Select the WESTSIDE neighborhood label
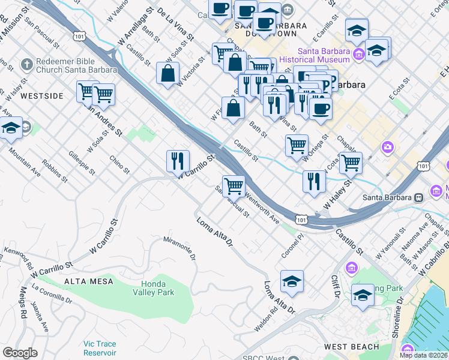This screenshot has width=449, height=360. (41, 95)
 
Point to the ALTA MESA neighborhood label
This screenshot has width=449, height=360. (86, 281)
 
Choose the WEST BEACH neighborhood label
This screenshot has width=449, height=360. (351, 347)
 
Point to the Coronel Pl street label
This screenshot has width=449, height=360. (294, 247)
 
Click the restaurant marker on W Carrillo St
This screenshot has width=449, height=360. (178, 161)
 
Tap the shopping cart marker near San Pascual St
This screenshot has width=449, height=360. (234, 185)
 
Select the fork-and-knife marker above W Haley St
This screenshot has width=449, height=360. (314, 181)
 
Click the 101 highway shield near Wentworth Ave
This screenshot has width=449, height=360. (302, 220)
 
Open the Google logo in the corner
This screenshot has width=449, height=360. (20, 353)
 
